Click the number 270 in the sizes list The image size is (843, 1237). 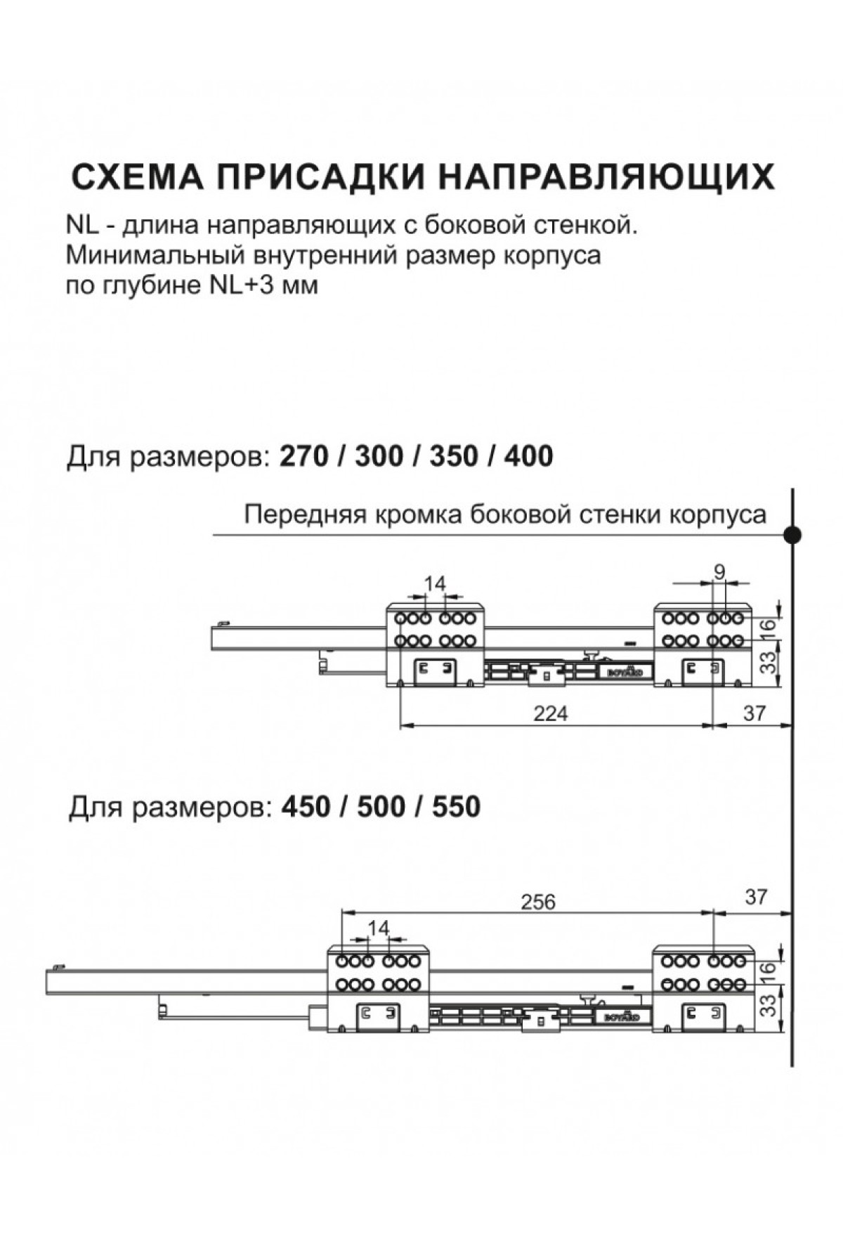point(304,456)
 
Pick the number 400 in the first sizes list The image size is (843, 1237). point(528,456)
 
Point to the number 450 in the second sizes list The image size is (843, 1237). point(306,806)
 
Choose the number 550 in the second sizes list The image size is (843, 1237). point(456,806)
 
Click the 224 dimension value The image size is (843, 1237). point(550,713)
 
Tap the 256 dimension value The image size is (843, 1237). point(538,902)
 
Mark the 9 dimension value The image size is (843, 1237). point(719,572)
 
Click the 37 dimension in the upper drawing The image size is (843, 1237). point(754,713)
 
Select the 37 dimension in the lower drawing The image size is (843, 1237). point(756,897)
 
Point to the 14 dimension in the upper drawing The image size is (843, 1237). point(436,583)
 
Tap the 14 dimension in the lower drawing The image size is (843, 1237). point(378,928)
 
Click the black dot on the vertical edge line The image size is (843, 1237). point(793,535)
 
